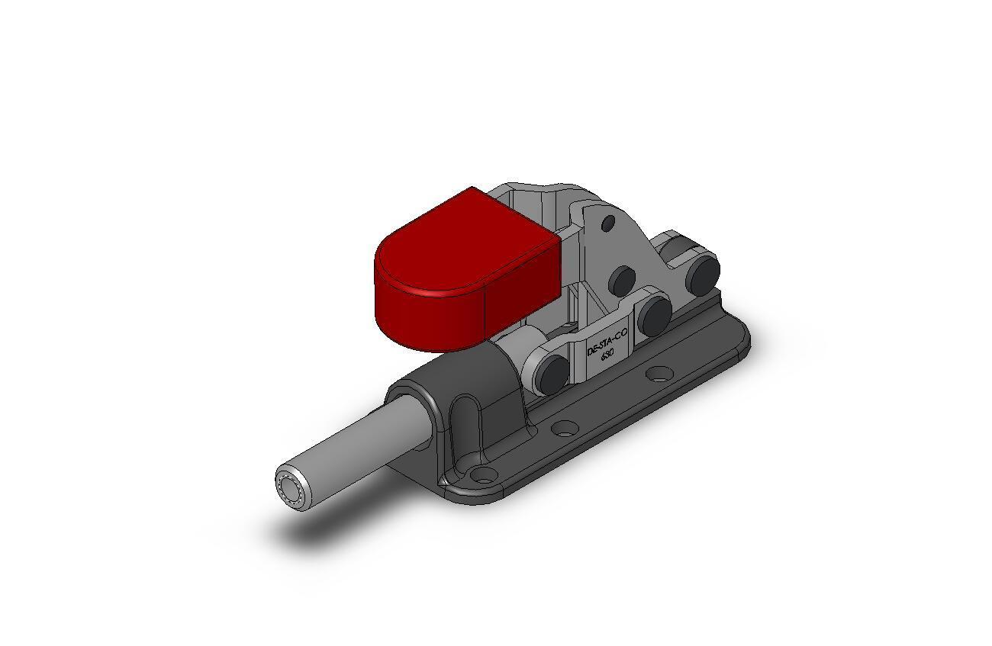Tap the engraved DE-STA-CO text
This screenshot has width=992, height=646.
(607, 342)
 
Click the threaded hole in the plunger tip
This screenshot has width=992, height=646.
(289, 486)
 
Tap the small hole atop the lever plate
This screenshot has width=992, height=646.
(608, 223)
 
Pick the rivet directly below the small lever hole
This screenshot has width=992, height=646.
(623, 281)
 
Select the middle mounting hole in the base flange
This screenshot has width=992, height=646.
(564, 428)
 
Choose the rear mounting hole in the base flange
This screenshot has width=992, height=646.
(659, 374)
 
